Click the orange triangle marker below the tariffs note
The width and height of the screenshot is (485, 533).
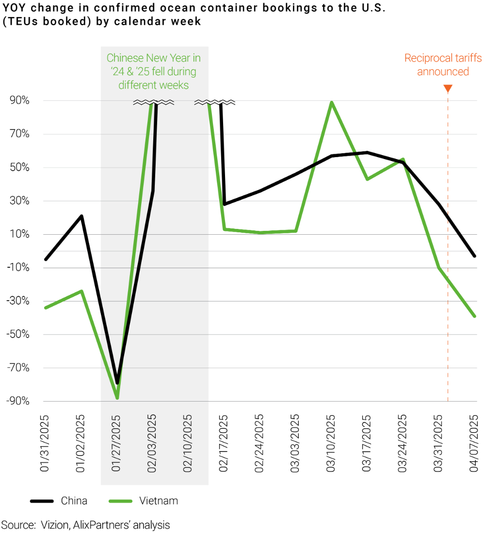click(x=448, y=89)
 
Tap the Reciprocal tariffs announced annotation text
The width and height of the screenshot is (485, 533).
click(x=443, y=65)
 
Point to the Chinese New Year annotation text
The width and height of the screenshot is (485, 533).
click(x=154, y=71)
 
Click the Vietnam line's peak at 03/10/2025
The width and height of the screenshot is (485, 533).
click(x=331, y=102)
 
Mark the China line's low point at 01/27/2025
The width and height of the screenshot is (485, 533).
click(x=117, y=383)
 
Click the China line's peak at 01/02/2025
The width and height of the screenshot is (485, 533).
click(x=81, y=216)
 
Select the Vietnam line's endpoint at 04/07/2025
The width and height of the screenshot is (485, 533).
click(x=474, y=316)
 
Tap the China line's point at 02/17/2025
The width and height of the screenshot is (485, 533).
click(x=224, y=204)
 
